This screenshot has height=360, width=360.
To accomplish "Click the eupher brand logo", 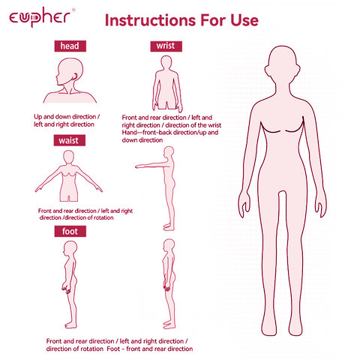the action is point(40,17).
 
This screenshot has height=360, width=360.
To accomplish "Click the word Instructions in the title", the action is point(150,20).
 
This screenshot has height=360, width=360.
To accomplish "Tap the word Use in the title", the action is point(244,20).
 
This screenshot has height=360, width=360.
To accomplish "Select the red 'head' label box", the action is point(70,46).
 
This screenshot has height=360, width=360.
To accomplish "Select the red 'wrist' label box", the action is point(166,46).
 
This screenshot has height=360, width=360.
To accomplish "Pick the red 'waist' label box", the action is point(70,140).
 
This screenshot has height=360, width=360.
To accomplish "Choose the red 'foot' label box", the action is point(70,231).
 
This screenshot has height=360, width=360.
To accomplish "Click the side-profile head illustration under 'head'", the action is point(70,80).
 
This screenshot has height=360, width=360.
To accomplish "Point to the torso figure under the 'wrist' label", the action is point(167,84).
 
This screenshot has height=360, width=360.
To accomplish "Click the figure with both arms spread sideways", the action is point(68,176).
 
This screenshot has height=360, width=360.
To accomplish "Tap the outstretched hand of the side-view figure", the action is point(139,166).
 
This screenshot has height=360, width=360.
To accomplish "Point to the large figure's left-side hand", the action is point(244,204).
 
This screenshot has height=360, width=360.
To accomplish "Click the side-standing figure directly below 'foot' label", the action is point(70,284).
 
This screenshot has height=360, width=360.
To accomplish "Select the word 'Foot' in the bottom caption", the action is point(113,349).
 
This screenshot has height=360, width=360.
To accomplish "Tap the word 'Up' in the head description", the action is point(37,117).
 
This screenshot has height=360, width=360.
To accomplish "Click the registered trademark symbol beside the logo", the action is point(73,10).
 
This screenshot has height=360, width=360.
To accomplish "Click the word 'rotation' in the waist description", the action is point(103,217).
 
